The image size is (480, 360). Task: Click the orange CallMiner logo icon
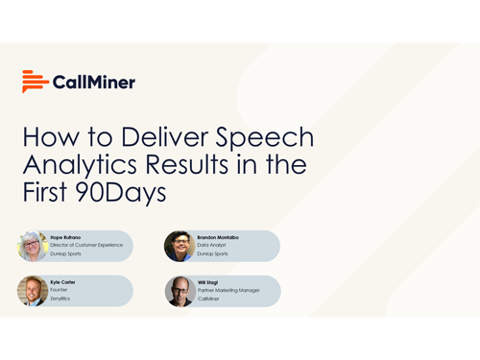click(35, 82)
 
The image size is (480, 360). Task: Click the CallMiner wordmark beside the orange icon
click(94, 82)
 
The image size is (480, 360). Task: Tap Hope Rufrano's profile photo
click(33, 246)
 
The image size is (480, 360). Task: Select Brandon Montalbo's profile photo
click(179, 246)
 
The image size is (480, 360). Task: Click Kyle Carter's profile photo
click(33, 291)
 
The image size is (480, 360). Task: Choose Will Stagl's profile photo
click(179, 291)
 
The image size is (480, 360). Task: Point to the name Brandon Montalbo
click(219, 236)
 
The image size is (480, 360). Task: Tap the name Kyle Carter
click(63, 282)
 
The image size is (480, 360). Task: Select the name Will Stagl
click(208, 282)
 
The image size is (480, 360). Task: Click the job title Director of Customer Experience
click(87, 245)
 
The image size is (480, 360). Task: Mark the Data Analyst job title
click(212, 245)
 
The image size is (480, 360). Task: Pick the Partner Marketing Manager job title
click(228, 290)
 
